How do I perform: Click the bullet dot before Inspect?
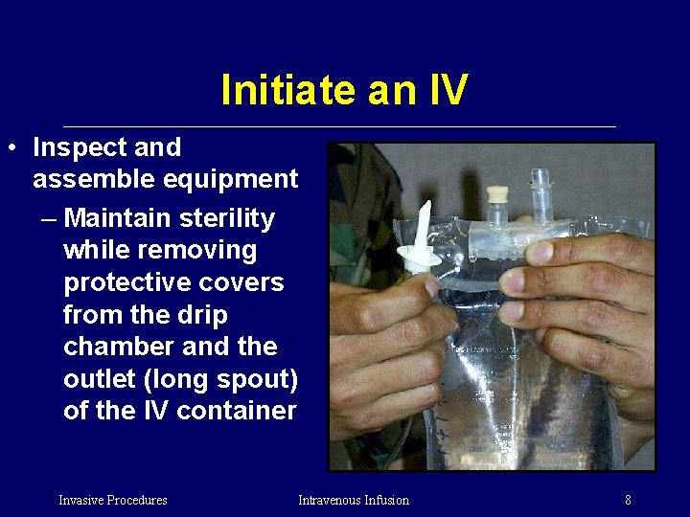10,148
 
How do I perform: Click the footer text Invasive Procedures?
112,500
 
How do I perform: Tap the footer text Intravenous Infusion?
353,500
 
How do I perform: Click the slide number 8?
628,500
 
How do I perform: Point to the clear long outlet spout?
540,191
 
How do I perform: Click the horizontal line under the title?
339,126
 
